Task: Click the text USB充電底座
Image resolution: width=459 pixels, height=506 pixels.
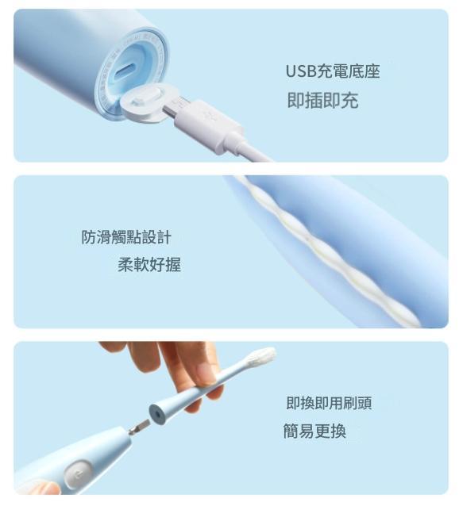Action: [x=333, y=71]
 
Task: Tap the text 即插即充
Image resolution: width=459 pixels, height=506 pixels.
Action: [x=322, y=100]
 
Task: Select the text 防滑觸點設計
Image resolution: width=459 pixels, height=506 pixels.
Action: [x=126, y=237]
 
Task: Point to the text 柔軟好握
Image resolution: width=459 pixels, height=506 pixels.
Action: [x=149, y=265]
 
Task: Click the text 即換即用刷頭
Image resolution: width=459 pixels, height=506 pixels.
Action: [x=329, y=403]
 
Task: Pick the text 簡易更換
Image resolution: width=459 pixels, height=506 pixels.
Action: [x=314, y=431]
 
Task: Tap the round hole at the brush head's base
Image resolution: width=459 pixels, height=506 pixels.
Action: [x=157, y=414]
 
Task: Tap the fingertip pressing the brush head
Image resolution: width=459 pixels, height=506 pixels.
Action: [x=206, y=374]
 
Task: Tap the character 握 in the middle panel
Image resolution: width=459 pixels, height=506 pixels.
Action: [x=173, y=265]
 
